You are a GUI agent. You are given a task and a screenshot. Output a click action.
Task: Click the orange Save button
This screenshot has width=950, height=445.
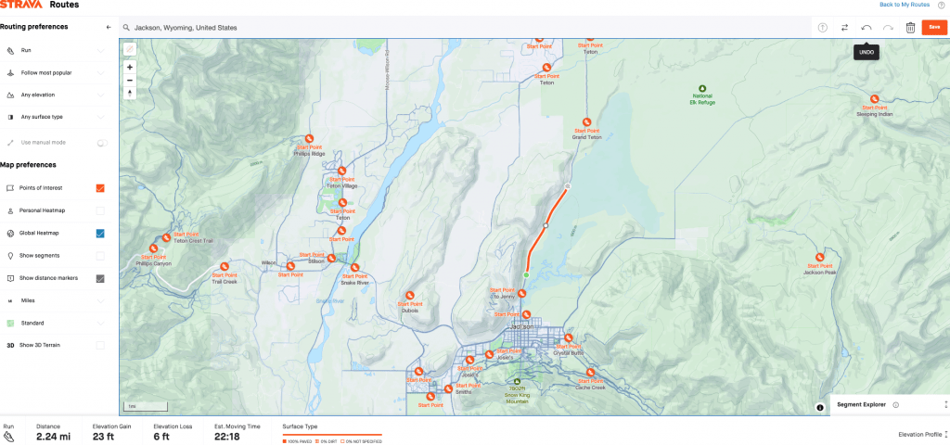[934, 27]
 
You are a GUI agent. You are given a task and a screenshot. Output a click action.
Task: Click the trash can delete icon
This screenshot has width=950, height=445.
[910, 28]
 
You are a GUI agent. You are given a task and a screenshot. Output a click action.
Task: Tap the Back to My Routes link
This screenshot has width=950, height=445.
[905, 5]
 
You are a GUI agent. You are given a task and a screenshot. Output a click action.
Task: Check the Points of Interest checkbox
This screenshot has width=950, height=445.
[100, 188]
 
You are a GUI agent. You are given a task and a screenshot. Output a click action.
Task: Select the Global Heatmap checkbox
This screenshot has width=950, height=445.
[100, 234]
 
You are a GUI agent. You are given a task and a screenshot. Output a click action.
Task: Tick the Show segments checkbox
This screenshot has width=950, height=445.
[100, 256]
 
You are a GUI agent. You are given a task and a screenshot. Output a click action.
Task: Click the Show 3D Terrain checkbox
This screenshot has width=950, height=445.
[100, 345]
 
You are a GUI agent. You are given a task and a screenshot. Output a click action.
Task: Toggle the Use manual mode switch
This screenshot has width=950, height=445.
[101, 143]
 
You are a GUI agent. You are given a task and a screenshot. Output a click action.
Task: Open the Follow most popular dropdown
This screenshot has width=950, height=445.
[100, 72]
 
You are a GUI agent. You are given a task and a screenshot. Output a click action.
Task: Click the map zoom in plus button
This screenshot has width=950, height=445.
[129, 67]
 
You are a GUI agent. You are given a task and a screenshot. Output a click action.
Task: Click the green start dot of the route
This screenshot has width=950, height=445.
[526, 275]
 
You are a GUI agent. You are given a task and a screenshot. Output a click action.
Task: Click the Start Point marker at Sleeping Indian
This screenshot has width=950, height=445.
[874, 99]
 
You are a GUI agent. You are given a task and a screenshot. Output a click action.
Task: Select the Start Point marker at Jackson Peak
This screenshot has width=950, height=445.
[819, 259]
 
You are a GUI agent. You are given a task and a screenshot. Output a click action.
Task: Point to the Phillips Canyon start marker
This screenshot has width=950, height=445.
[154, 248]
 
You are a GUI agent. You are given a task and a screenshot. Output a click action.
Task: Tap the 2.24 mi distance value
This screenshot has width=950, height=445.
[52, 436]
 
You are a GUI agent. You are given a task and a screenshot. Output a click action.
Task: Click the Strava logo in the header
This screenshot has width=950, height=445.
[20, 5]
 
